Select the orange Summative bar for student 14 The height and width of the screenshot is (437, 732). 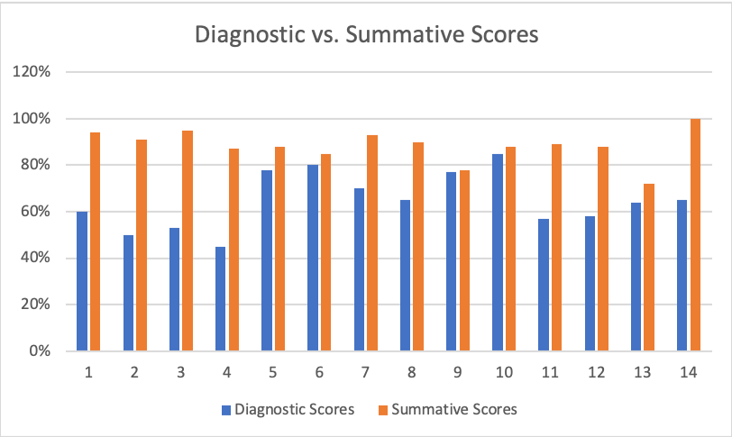(x=695, y=234)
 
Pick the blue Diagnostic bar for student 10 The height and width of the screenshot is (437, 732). (x=498, y=252)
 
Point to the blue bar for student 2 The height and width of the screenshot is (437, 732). (x=128, y=293)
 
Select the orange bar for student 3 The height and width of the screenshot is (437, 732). (x=187, y=241)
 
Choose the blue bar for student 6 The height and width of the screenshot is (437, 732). (x=313, y=258)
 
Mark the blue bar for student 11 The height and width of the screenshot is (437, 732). (x=544, y=285)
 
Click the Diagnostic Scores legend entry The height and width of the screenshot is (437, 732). (x=288, y=410)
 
